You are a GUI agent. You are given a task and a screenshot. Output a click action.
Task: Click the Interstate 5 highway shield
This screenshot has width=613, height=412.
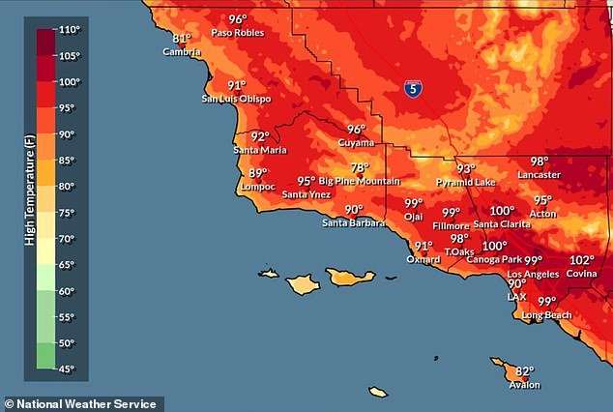tap(413, 89)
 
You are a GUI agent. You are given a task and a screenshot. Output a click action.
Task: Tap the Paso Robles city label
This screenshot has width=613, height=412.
tap(237, 32)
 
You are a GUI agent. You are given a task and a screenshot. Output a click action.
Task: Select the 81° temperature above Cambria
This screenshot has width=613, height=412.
tap(181, 39)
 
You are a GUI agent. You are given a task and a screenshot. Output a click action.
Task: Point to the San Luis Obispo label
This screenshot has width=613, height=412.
tap(236, 99)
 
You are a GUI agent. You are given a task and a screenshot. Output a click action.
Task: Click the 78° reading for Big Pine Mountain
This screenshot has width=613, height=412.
tap(360, 167)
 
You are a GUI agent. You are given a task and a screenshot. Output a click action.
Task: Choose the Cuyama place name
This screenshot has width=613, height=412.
tap(355, 142)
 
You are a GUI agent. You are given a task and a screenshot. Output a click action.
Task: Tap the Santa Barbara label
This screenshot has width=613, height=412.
tap(353, 223)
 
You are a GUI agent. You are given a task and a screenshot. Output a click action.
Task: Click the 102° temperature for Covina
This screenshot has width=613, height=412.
tap(581, 260)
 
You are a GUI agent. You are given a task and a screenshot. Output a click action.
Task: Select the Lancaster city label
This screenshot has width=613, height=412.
tap(539, 175)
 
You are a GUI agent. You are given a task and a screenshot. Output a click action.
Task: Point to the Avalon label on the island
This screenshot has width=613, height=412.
tap(524, 385)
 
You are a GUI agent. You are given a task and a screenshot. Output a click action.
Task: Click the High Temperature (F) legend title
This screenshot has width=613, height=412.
tap(29, 199)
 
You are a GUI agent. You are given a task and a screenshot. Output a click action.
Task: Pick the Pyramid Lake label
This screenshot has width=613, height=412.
tap(466, 182)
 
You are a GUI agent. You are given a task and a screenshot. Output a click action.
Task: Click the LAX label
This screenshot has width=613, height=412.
tap(517, 297)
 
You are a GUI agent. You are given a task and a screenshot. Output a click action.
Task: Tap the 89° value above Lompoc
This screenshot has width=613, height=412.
tap(258, 173)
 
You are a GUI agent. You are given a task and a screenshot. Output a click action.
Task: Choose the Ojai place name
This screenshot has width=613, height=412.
tap(414, 218)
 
